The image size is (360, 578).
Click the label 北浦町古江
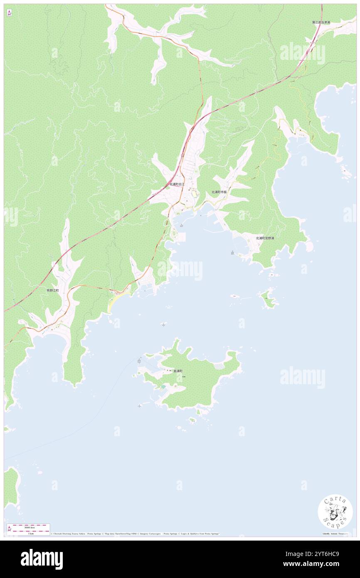click(x=177, y=184)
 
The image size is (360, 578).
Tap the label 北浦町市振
click(x=219, y=192)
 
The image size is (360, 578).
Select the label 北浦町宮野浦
click(x=265, y=238)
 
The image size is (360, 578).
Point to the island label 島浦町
click(x=178, y=371)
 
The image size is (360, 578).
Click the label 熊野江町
click(x=53, y=290)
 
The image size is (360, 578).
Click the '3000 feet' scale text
click(x=30, y=527)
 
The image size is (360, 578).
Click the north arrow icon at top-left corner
click(x=10, y=13)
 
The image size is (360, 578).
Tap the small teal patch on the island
click(x=163, y=387)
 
